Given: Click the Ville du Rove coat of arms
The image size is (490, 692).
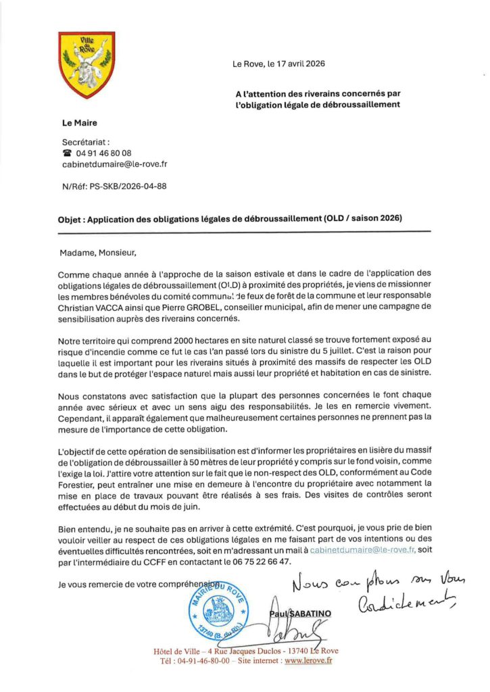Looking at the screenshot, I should [87, 65].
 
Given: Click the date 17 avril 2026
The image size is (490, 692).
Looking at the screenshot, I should [298, 64].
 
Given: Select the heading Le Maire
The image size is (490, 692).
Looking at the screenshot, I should [80, 123].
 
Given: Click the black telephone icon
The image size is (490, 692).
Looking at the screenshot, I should [67, 153].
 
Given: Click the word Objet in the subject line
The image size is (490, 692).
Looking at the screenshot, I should [70, 219].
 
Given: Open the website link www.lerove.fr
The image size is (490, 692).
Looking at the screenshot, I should [308, 661].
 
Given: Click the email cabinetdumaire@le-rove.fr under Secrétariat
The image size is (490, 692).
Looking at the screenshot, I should [115, 164].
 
